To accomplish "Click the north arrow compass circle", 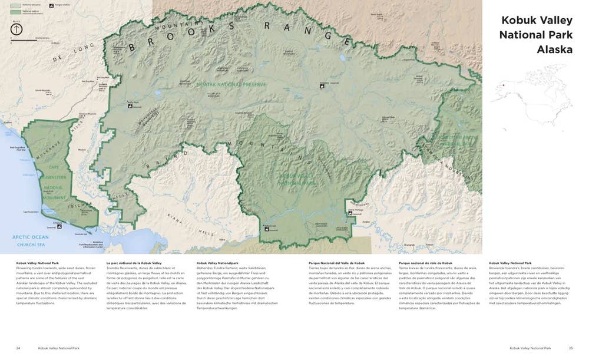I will click(x=16, y=29).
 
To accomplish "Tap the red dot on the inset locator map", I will click(x=504, y=85).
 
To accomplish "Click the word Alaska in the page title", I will click(x=554, y=49).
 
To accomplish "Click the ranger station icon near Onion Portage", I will click(x=352, y=213).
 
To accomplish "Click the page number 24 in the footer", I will click(x=18, y=348).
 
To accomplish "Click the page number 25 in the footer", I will click(x=570, y=348).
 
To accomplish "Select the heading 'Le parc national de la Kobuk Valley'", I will click(x=134, y=263).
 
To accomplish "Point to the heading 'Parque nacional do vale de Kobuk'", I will click(x=425, y=263).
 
